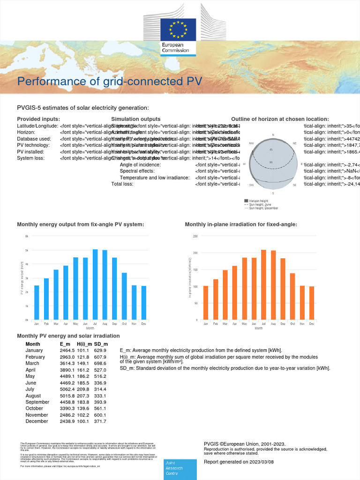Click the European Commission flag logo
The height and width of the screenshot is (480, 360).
pos(175,29)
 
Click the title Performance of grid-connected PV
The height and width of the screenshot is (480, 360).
pos(110,82)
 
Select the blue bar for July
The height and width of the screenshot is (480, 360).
pos(95,285)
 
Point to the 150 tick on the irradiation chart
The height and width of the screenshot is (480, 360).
pos(195,270)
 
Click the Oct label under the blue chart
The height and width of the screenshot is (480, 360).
pos(124,324)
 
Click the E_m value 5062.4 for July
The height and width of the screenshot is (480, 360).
pos(67,389)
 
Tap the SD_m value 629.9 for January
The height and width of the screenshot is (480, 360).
pos(100,350)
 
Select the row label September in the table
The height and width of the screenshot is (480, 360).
pos(37,402)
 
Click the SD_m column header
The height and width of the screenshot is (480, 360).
pos(101,344)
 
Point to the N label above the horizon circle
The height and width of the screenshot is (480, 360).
pos(273,135)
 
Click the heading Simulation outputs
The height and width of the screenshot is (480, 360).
pos(135,119)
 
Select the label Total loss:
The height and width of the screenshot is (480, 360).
pos(122,184)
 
